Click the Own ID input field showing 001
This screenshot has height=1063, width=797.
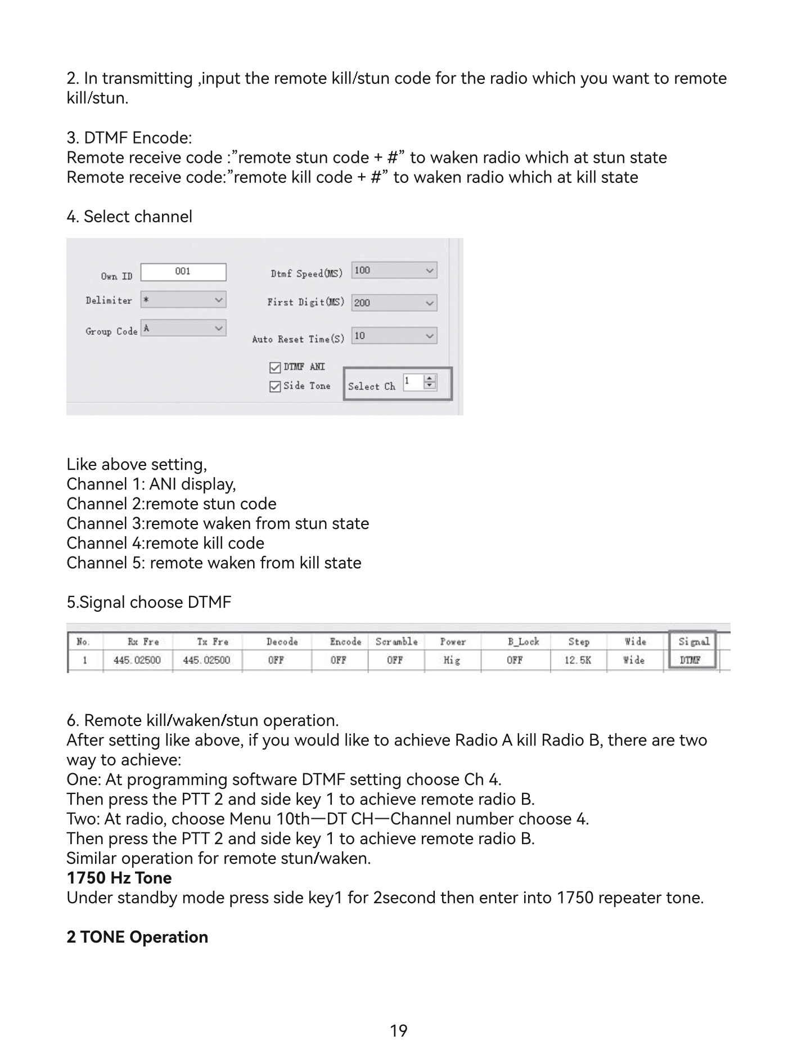[183, 272]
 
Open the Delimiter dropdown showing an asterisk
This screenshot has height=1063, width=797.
[183, 299]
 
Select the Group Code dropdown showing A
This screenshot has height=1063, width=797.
[183, 328]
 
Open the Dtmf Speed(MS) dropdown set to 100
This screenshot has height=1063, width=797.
[394, 270]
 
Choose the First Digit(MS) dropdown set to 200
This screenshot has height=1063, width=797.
[394, 303]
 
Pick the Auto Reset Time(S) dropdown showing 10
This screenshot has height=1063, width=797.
[394, 336]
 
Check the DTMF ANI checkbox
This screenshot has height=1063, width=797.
[275, 367]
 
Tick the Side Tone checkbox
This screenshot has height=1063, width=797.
[275, 387]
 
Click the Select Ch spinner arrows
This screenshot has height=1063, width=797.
[430, 382]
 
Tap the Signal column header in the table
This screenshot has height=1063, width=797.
[693, 642]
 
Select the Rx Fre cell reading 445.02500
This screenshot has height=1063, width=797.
[137, 660]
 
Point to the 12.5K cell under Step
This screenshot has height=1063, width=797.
[578, 660]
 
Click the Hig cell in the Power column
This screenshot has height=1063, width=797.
[452, 660]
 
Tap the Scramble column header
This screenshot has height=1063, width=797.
[397, 642]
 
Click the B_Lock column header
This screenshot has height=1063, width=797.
[523, 642]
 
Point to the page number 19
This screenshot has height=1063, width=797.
[398, 1031]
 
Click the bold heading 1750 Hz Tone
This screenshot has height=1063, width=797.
[119, 878]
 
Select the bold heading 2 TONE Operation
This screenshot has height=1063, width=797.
[137, 937]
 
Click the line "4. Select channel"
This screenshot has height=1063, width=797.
[129, 217]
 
